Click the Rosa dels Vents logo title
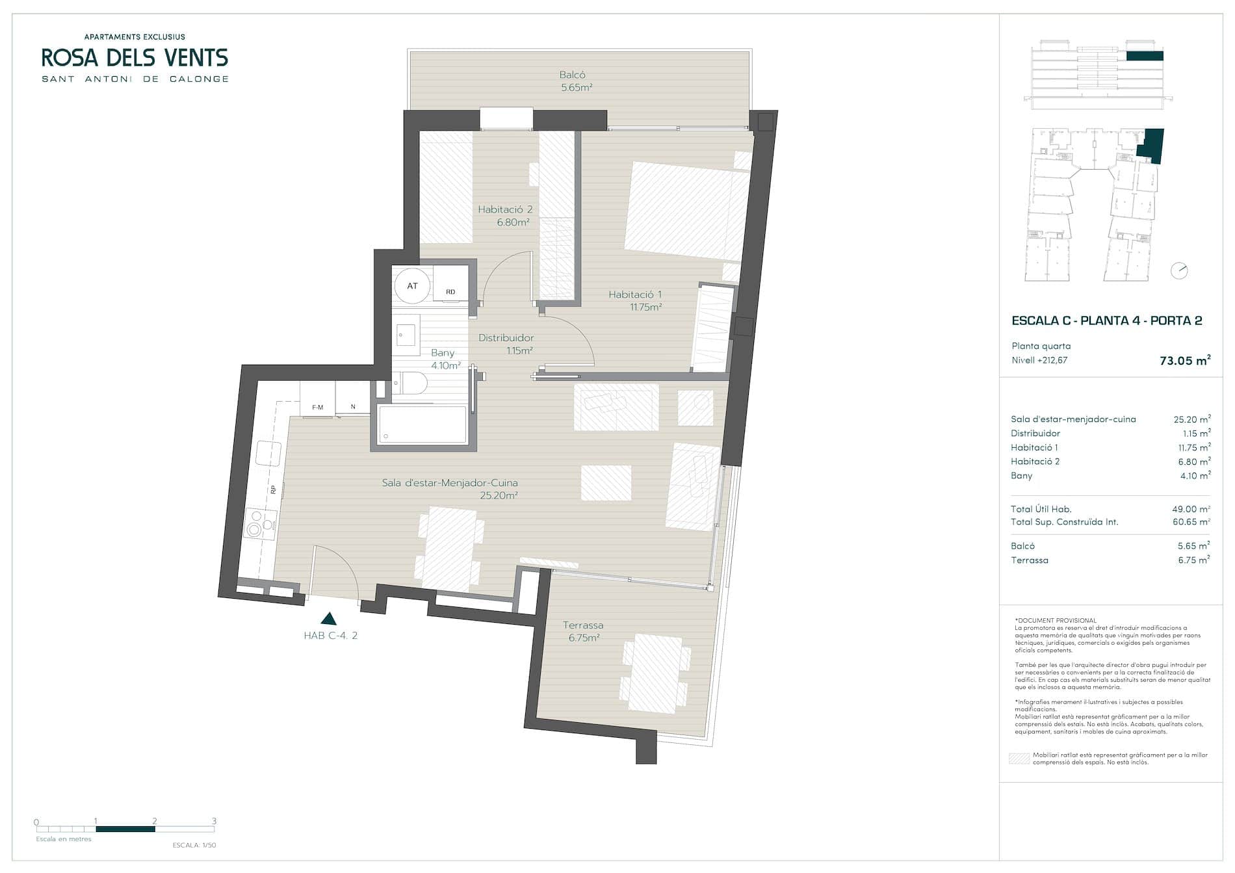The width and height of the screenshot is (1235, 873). point(135,58)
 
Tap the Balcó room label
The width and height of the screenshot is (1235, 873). point(572,75)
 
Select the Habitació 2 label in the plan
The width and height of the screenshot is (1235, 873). point(505,209)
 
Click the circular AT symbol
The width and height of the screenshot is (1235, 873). point(413,286)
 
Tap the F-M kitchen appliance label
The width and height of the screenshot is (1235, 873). point(318,408)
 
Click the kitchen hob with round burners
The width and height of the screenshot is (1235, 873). point(260,525)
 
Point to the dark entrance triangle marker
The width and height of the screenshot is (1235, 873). point(329,619)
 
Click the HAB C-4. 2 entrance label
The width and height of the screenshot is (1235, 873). point(331,636)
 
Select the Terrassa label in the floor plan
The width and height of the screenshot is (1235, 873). point(583,625)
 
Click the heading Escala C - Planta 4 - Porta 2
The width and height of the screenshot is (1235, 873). point(1107,320)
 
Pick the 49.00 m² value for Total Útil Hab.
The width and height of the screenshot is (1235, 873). point(1191,510)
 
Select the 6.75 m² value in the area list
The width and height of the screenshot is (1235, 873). point(1194,560)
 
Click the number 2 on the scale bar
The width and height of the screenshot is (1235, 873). point(155,821)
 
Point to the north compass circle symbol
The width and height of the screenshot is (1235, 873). point(1179,270)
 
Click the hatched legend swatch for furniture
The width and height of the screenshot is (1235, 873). point(1019,759)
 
